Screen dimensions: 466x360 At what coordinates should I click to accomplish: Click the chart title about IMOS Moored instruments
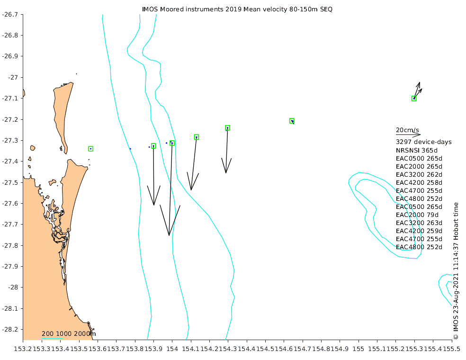pyautogui.click(x=237, y=9)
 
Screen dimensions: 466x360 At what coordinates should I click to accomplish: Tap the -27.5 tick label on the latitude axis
pyautogui.click(x=10, y=182)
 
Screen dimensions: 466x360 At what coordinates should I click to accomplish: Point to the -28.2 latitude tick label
pyautogui.click(x=10, y=329)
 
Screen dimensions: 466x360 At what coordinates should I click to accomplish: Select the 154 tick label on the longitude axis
pyautogui.click(x=172, y=349)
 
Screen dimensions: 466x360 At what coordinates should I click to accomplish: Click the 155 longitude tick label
pyautogui.click(x=358, y=349)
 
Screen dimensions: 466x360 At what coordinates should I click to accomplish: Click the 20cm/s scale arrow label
pyautogui.click(x=407, y=130)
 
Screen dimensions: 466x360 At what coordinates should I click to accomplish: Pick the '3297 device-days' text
pyautogui.click(x=423, y=142)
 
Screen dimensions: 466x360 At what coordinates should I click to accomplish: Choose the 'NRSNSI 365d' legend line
pyautogui.click(x=417, y=150)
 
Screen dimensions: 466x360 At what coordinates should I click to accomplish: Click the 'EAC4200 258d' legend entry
pyautogui.click(x=419, y=182)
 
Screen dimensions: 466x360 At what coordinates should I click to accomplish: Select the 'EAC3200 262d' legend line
pyautogui.click(x=419, y=174)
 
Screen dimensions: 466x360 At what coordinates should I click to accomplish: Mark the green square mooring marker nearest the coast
pyautogui.click(x=90, y=149)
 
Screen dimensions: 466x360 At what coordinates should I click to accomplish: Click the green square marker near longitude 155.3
pyautogui.click(x=414, y=99)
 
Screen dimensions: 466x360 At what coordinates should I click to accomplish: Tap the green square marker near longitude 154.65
pyautogui.click(x=292, y=121)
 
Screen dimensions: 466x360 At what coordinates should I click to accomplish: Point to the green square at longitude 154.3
pyautogui.click(x=228, y=128)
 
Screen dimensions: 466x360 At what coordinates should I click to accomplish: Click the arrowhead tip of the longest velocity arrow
pyautogui.click(x=169, y=235)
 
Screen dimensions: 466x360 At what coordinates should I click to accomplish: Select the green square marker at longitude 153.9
pyautogui.click(x=153, y=146)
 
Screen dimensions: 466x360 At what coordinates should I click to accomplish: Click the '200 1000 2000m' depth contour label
pyautogui.click(x=69, y=334)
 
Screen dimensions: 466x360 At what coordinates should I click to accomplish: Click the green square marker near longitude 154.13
pyautogui.click(x=197, y=137)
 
